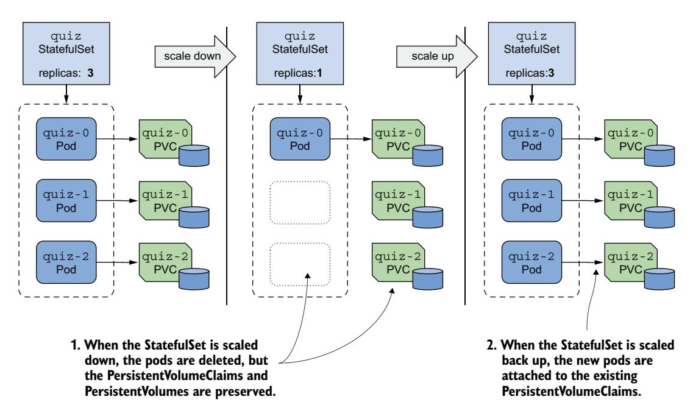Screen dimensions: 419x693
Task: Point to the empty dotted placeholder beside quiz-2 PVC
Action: pos(299,262)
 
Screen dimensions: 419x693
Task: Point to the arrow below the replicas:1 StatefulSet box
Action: pos(299,94)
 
